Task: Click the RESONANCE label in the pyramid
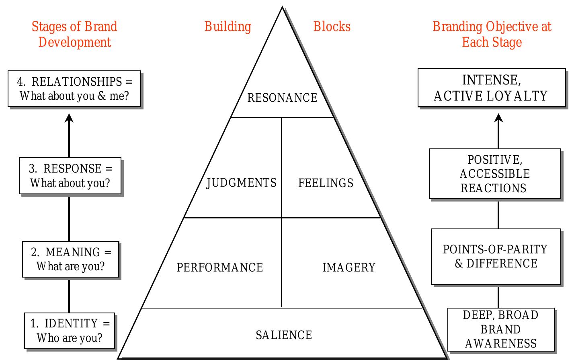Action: coord(282,98)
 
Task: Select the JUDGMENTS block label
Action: coord(241,183)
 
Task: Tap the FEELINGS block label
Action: coord(326,183)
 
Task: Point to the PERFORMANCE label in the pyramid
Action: coord(220,267)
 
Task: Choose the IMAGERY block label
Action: coord(348,267)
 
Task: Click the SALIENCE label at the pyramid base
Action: coord(284,335)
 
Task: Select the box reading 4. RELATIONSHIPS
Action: coord(74,89)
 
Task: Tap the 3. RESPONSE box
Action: coord(70,176)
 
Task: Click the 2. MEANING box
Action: coord(71,259)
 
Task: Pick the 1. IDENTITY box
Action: coord(70,331)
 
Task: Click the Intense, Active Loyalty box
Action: coord(491,88)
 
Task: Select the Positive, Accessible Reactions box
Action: coord(494,174)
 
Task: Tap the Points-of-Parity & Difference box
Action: coord(496,256)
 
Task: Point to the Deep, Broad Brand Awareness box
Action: coord(501,329)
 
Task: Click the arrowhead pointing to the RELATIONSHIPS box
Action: coord(69,118)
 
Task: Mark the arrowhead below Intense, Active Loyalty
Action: coord(499,118)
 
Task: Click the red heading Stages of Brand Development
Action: coord(74,34)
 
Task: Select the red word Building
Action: coord(228,27)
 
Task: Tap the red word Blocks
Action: coord(332,27)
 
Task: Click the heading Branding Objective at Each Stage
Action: coord(492,34)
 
